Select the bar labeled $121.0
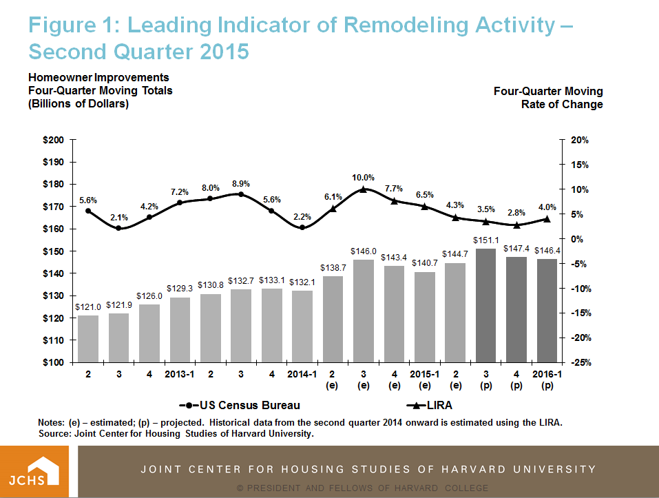click(x=88, y=339)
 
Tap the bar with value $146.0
click(x=364, y=311)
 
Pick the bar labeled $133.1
click(x=272, y=325)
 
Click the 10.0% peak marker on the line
click(x=364, y=189)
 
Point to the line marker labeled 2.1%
click(x=118, y=228)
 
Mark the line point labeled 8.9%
click(x=241, y=194)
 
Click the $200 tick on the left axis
click(x=53, y=140)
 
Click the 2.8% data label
click(x=516, y=213)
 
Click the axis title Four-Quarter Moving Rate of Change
click(x=548, y=98)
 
